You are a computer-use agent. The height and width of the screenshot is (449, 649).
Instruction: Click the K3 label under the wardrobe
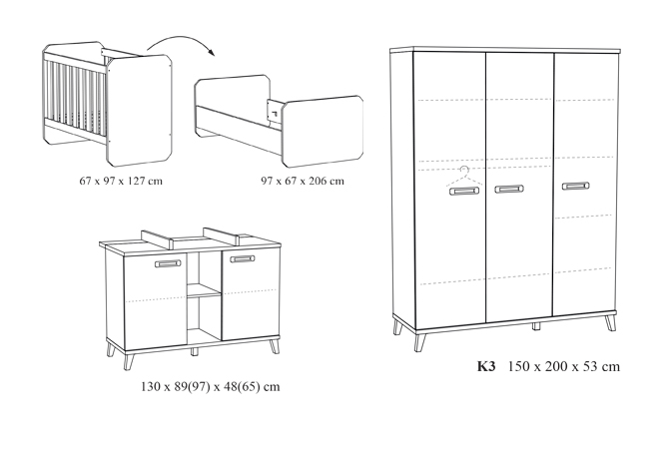tap(486, 366)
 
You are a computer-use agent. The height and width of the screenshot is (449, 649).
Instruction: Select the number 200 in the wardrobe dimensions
tap(557, 366)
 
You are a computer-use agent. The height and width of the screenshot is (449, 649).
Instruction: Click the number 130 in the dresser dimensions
tap(150, 386)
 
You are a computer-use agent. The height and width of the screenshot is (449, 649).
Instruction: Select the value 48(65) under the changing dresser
tap(242, 386)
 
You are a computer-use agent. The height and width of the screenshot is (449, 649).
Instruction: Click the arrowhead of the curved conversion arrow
tap(212, 52)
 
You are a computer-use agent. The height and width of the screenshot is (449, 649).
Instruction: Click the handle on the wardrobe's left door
tap(464, 191)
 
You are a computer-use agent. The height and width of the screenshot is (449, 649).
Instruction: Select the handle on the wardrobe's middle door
tap(509, 190)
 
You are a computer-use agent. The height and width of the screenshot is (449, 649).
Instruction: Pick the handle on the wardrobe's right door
tap(576, 186)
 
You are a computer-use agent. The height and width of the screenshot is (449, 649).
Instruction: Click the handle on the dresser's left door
tap(168, 263)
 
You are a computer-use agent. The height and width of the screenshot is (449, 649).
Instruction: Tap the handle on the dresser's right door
tap(243, 259)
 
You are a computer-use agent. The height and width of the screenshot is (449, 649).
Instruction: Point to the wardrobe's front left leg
tap(420, 342)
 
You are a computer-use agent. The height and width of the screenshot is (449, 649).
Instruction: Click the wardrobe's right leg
tap(611, 322)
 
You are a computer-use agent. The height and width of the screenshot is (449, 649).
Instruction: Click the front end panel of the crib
tap(139, 110)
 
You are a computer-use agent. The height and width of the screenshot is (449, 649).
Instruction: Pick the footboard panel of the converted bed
tap(323, 131)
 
